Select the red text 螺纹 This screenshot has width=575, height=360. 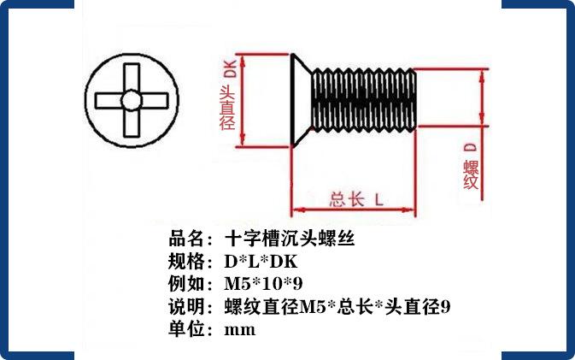coord(471,174)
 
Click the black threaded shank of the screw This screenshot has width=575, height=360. coord(364,101)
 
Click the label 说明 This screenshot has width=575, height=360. coord(189,306)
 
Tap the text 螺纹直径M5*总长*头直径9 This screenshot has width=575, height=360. coord(337,306)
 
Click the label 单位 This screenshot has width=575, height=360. coord(189,329)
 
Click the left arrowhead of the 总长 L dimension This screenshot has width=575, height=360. coord(296,210)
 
